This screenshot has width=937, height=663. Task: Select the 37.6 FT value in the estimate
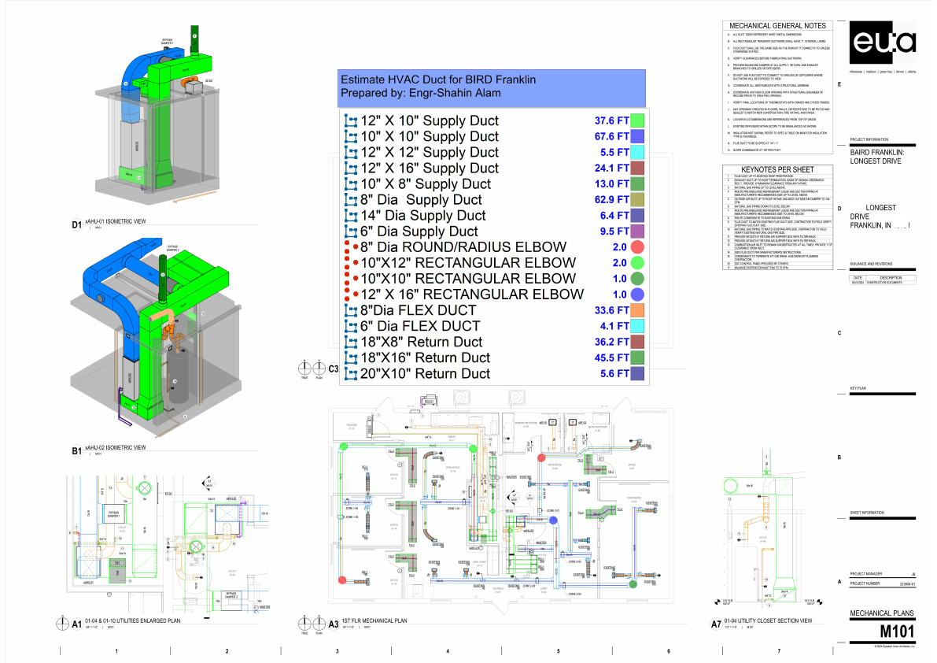coord(611,120)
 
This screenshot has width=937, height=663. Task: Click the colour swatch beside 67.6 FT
coord(638,136)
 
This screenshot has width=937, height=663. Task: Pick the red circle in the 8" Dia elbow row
coord(638,246)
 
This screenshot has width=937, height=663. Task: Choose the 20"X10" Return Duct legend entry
coord(425,373)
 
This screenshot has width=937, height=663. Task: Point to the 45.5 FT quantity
coord(611,357)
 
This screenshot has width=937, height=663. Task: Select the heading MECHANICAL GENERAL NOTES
coord(777,26)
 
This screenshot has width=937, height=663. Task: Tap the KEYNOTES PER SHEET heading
coord(777,169)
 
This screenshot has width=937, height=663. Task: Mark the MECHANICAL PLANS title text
coord(883,613)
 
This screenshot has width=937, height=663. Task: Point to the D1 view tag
coord(77,225)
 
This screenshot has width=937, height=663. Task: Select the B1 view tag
coord(77,451)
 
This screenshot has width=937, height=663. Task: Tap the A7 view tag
coord(716,624)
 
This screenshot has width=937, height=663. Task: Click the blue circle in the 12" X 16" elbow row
coord(638,294)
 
